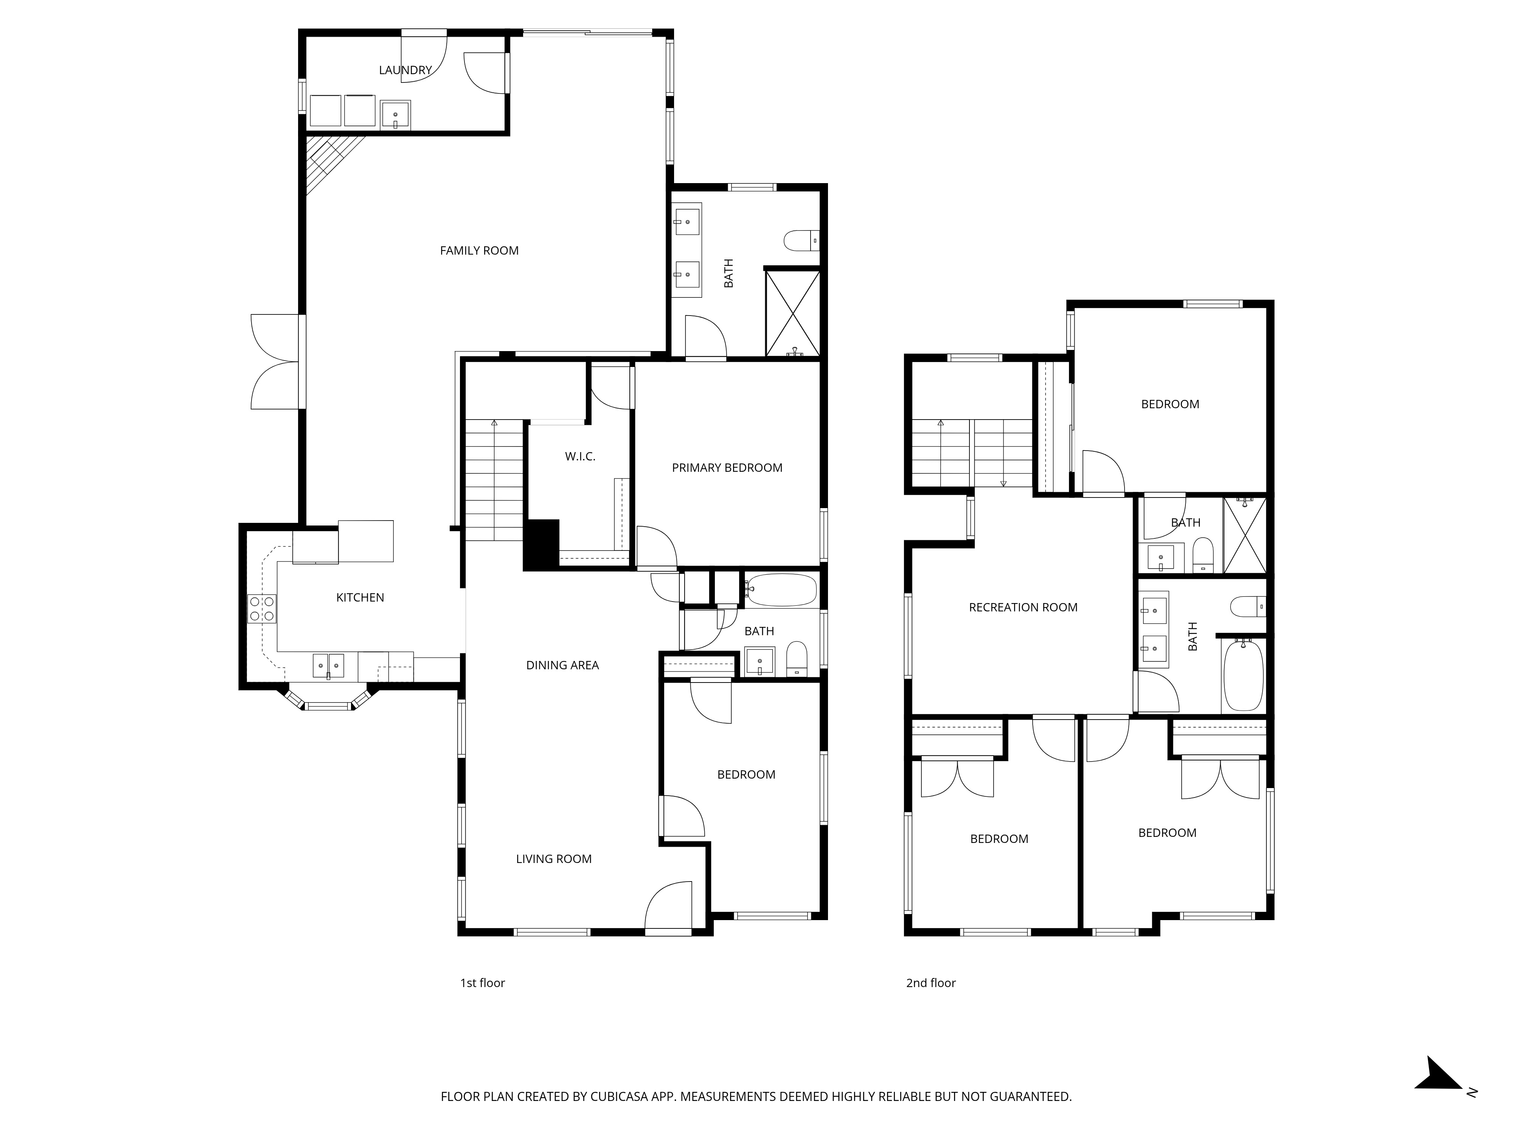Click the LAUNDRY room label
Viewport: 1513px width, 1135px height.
[x=405, y=70]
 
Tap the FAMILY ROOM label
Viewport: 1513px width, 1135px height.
[x=479, y=250]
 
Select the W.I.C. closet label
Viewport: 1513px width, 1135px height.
[x=580, y=456]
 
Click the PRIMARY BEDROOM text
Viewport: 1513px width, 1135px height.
[x=726, y=468]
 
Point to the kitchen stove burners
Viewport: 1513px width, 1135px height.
[x=261, y=609]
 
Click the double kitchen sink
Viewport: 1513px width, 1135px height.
[x=328, y=665]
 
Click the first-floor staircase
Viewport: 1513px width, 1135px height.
[x=494, y=479]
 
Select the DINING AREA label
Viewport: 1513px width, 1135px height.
[x=562, y=665]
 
